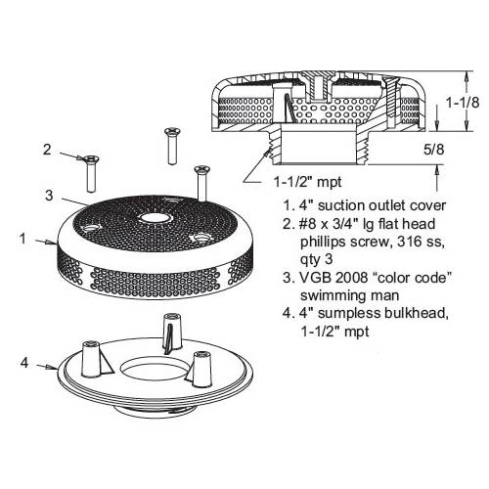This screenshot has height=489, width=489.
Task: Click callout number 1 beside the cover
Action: (x=22, y=239)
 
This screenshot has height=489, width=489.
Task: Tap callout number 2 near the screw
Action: (x=47, y=150)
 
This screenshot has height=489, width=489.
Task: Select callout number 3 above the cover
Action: (x=49, y=196)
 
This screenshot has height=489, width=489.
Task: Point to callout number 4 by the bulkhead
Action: (x=24, y=363)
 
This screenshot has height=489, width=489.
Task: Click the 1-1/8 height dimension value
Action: (x=463, y=103)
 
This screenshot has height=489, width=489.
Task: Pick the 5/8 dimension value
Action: (x=433, y=150)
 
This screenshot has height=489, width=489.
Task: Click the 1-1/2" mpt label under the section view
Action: (x=307, y=182)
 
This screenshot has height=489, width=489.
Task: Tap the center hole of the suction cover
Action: (x=153, y=219)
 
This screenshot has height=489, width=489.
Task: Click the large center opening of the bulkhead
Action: (x=155, y=368)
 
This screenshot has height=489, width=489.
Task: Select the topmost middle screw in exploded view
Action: (x=170, y=146)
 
